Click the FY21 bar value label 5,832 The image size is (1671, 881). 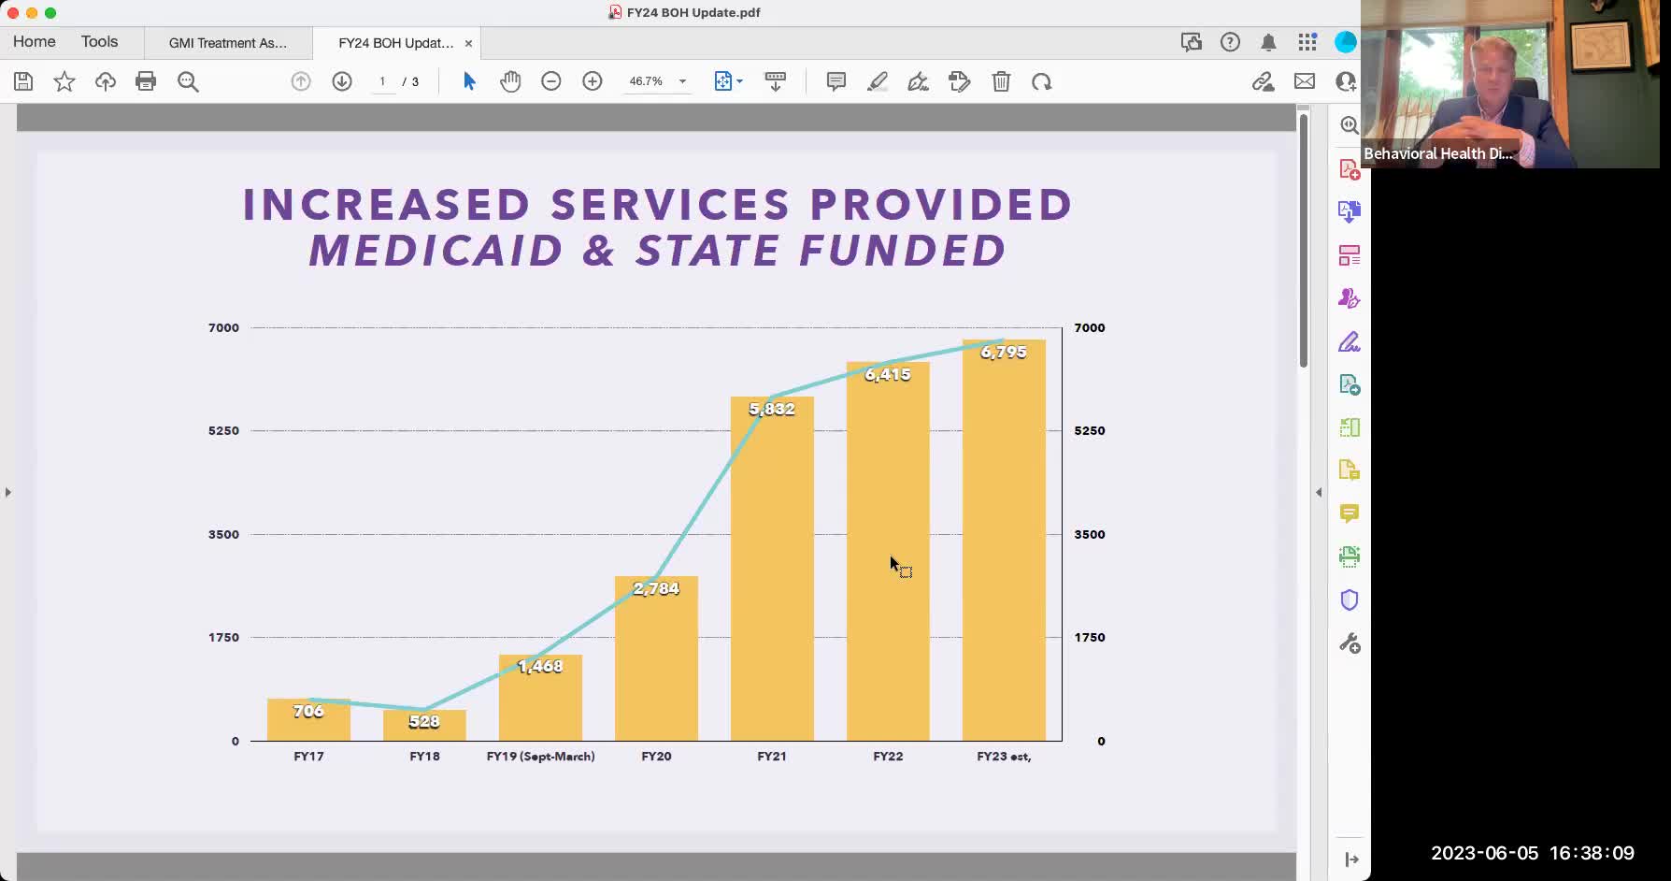coord(772,409)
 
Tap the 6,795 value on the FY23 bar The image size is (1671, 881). coord(1004,352)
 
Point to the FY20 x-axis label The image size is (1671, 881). coord(656,756)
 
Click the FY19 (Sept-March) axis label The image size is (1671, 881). coord(540,756)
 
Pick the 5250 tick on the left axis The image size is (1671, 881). coord(223,430)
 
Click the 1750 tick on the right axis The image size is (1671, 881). coord(1090,637)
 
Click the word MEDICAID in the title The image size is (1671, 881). coord(436,251)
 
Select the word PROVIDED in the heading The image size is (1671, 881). coord(941,205)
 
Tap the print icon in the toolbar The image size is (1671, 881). coord(146,81)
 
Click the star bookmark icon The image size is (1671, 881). coord(64,81)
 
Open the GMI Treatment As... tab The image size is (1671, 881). coord(228,43)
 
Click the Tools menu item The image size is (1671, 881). coord(99,42)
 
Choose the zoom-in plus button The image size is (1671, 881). coord(593,81)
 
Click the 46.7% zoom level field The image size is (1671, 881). coord(646,81)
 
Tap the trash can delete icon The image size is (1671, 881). coord(1001,81)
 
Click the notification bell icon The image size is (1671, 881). coord(1268,42)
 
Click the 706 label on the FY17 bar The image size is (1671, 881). coord(308,711)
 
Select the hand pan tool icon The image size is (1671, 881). coord(510,81)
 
